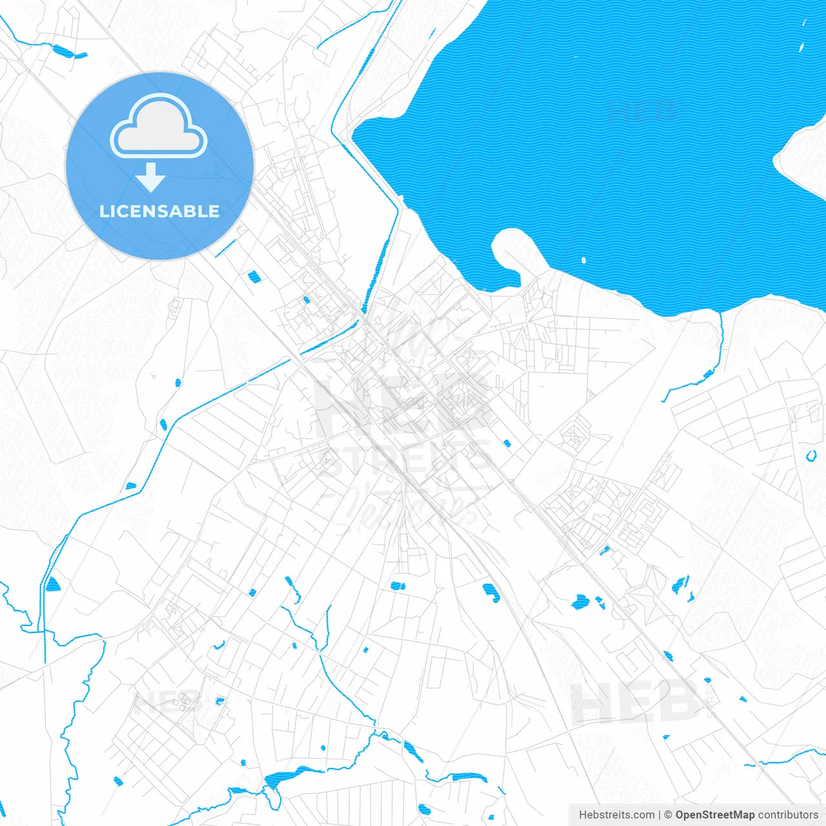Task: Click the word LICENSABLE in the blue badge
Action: click(x=159, y=211)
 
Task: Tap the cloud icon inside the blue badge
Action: click(x=159, y=126)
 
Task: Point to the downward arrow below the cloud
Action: click(x=150, y=177)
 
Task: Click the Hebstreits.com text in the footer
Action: click(x=616, y=815)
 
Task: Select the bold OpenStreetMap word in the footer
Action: click(x=714, y=815)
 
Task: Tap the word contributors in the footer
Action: click(x=787, y=815)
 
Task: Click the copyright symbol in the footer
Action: click(x=668, y=815)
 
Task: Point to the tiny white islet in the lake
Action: click(x=583, y=261)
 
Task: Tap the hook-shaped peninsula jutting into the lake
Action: click(x=513, y=248)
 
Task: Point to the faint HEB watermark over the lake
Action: click(x=642, y=111)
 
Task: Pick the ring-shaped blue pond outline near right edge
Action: click(x=811, y=456)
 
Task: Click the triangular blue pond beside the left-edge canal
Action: click(x=52, y=585)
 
